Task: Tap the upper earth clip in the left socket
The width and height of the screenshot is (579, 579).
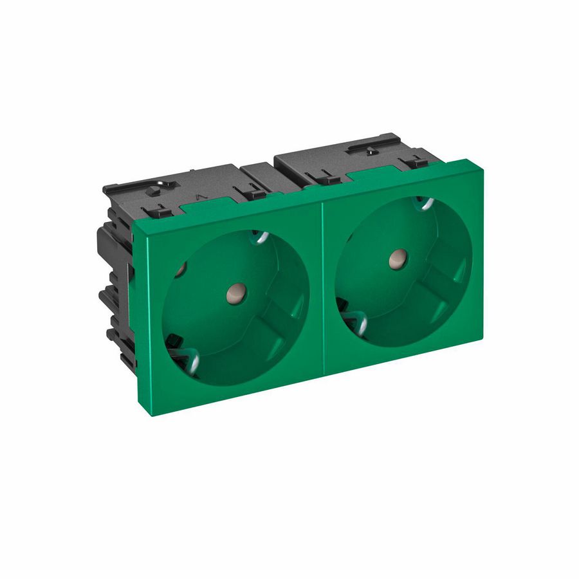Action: point(260,237)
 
